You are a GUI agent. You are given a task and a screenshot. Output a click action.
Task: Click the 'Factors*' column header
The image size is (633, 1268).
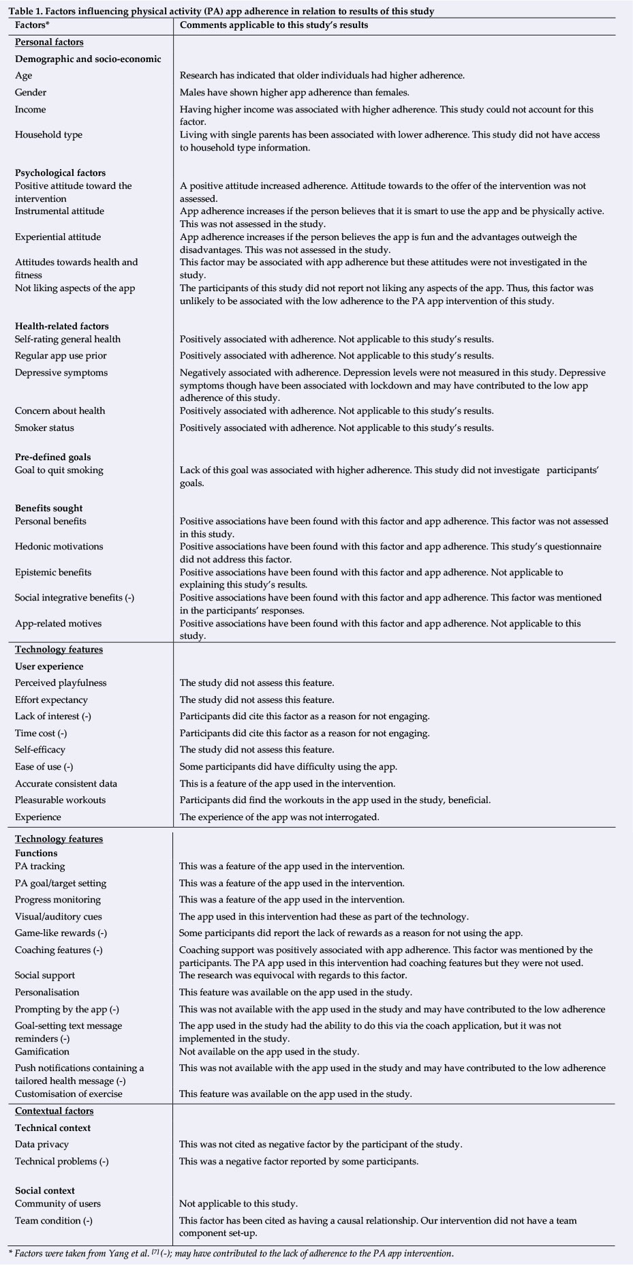[x=33, y=25]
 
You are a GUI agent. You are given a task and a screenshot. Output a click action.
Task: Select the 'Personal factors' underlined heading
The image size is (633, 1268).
[x=49, y=42]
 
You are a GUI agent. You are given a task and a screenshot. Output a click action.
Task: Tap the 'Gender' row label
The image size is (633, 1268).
[x=31, y=93]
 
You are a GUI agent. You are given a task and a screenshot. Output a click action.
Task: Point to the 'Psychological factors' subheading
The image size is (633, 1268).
[x=61, y=173]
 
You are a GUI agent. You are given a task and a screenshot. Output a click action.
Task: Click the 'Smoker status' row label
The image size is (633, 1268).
[x=44, y=428]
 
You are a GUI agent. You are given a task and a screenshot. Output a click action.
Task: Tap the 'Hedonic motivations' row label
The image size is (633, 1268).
[x=59, y=547]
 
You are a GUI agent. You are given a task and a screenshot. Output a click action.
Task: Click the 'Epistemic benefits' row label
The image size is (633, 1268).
[x=53, y=573]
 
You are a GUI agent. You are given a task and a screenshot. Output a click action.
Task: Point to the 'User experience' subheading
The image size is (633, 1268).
[x=49, y=667]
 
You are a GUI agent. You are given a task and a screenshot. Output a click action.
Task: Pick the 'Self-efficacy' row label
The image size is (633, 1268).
[x=40, y=750]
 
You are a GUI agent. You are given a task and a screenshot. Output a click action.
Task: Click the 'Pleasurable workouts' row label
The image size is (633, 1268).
[x=61, y=800]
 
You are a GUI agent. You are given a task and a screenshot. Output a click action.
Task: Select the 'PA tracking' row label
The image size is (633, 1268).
[x=40, y=866]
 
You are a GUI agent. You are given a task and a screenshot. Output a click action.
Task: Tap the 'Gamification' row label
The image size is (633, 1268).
[x=42, y=1052]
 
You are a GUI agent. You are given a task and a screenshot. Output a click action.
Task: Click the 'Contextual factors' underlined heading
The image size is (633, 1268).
[x=55, y=1111]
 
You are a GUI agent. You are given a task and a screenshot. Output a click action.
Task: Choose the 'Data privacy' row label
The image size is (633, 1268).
[x=42, y=1145]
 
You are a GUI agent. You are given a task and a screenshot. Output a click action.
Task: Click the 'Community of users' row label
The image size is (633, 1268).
[x=58, y=1204]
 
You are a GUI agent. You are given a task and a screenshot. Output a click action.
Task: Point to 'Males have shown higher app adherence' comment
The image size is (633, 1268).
[x=294, y=93]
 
